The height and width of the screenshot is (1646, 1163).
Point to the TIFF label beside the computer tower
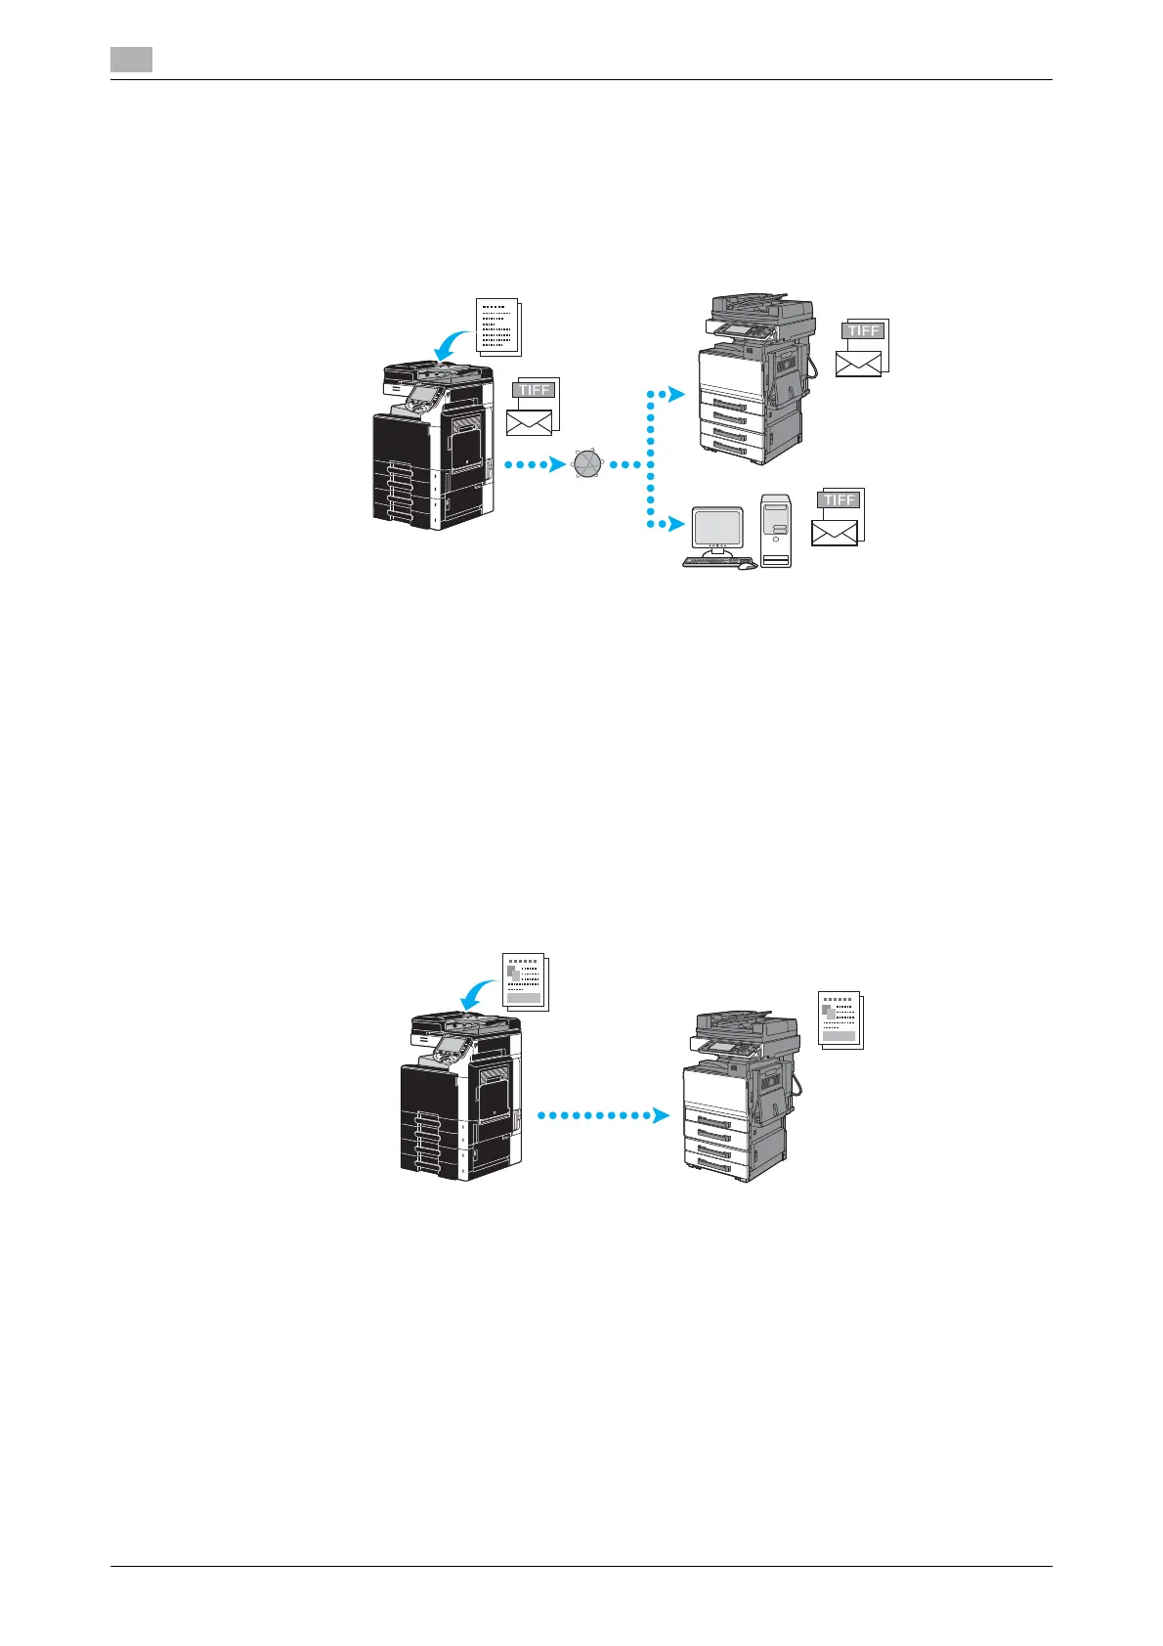pos(840,499)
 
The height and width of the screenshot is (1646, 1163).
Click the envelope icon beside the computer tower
pos(835,533)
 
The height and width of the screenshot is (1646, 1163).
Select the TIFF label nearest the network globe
pos(535,389)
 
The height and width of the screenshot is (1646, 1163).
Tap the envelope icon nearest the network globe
pos(529,422)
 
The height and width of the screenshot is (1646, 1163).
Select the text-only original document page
pos(498,326)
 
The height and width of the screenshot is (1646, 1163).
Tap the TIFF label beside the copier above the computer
pos(864,330)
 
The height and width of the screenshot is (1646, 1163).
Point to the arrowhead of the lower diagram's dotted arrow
pos(663,1115)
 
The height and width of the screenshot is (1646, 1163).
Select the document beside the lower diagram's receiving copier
pos(840,1021)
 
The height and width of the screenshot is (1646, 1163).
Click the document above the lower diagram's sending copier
pos(525,981)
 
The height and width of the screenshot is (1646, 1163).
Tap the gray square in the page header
pos(131,61)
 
